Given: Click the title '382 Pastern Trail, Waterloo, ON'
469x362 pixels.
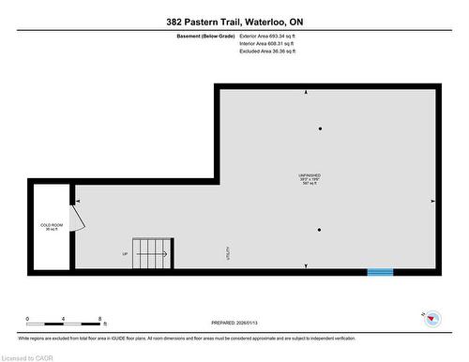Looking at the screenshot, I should click(234, 22).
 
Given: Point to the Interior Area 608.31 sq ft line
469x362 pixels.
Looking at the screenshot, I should click(267, 44).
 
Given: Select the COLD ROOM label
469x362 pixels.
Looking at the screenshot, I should click(51, 226).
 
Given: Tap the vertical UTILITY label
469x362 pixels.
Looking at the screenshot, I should click(228, 252).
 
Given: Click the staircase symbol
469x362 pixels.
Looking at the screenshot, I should click(152, 251).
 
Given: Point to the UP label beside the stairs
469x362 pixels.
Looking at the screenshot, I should click(125, 254).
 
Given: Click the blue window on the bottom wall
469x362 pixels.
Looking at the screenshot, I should click(379, 272).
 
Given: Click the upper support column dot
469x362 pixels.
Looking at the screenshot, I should click(320, 128).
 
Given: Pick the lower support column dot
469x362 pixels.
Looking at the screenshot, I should click(320, 230).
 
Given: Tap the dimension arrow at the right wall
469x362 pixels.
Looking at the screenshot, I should click(431, 202).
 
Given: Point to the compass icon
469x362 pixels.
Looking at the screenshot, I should click(432, 319).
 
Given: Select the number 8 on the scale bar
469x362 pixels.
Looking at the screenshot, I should click(98, 319).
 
